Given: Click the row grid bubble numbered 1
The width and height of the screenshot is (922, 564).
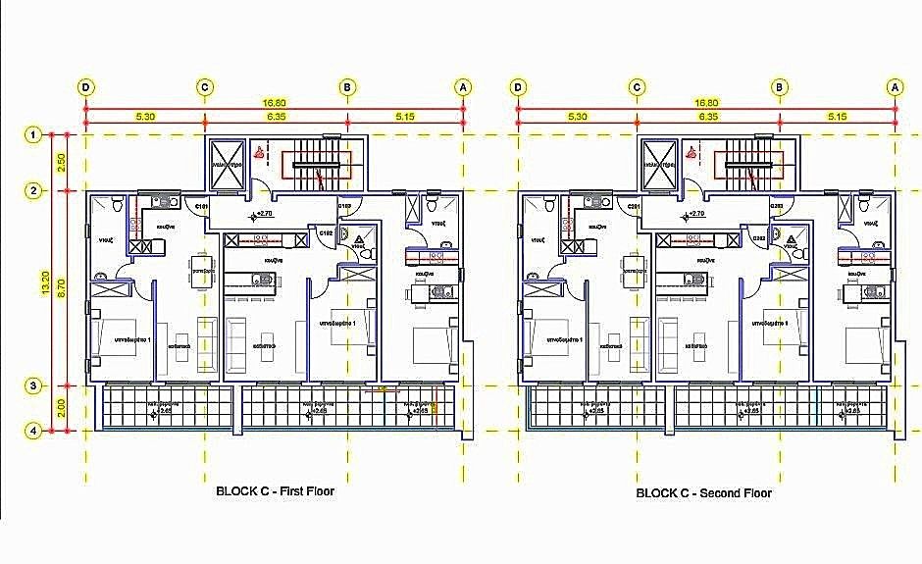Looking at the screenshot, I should (33, 134).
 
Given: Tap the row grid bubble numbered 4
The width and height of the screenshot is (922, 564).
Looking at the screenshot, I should (33, 430).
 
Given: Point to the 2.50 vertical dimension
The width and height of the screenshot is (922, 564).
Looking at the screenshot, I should (61, 162).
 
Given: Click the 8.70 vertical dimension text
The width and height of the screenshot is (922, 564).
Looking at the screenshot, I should (61, 287).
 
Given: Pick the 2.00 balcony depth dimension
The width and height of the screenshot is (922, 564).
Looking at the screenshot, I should (61, 408).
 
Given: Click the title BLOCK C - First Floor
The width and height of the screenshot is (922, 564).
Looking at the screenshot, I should (275, 491).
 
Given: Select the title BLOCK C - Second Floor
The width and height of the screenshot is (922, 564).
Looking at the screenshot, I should (703, 493).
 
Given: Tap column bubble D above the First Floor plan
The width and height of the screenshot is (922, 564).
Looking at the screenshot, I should (87, 87).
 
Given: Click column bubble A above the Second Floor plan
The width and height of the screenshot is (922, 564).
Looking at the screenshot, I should (894, 87).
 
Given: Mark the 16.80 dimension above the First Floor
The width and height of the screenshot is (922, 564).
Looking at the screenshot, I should (275, 102).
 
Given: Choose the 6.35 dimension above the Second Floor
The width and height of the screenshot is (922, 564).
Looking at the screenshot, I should (707, 117).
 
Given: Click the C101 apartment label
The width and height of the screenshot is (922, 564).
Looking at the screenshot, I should (200, 207).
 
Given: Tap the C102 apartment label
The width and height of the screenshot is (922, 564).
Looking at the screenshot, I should (324, 232).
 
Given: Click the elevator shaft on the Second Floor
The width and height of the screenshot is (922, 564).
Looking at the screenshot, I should (659, 161).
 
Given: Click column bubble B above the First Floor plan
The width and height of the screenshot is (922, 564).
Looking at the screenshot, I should (347, 87).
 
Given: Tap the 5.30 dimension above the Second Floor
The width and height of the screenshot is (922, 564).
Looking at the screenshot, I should (577, 117).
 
